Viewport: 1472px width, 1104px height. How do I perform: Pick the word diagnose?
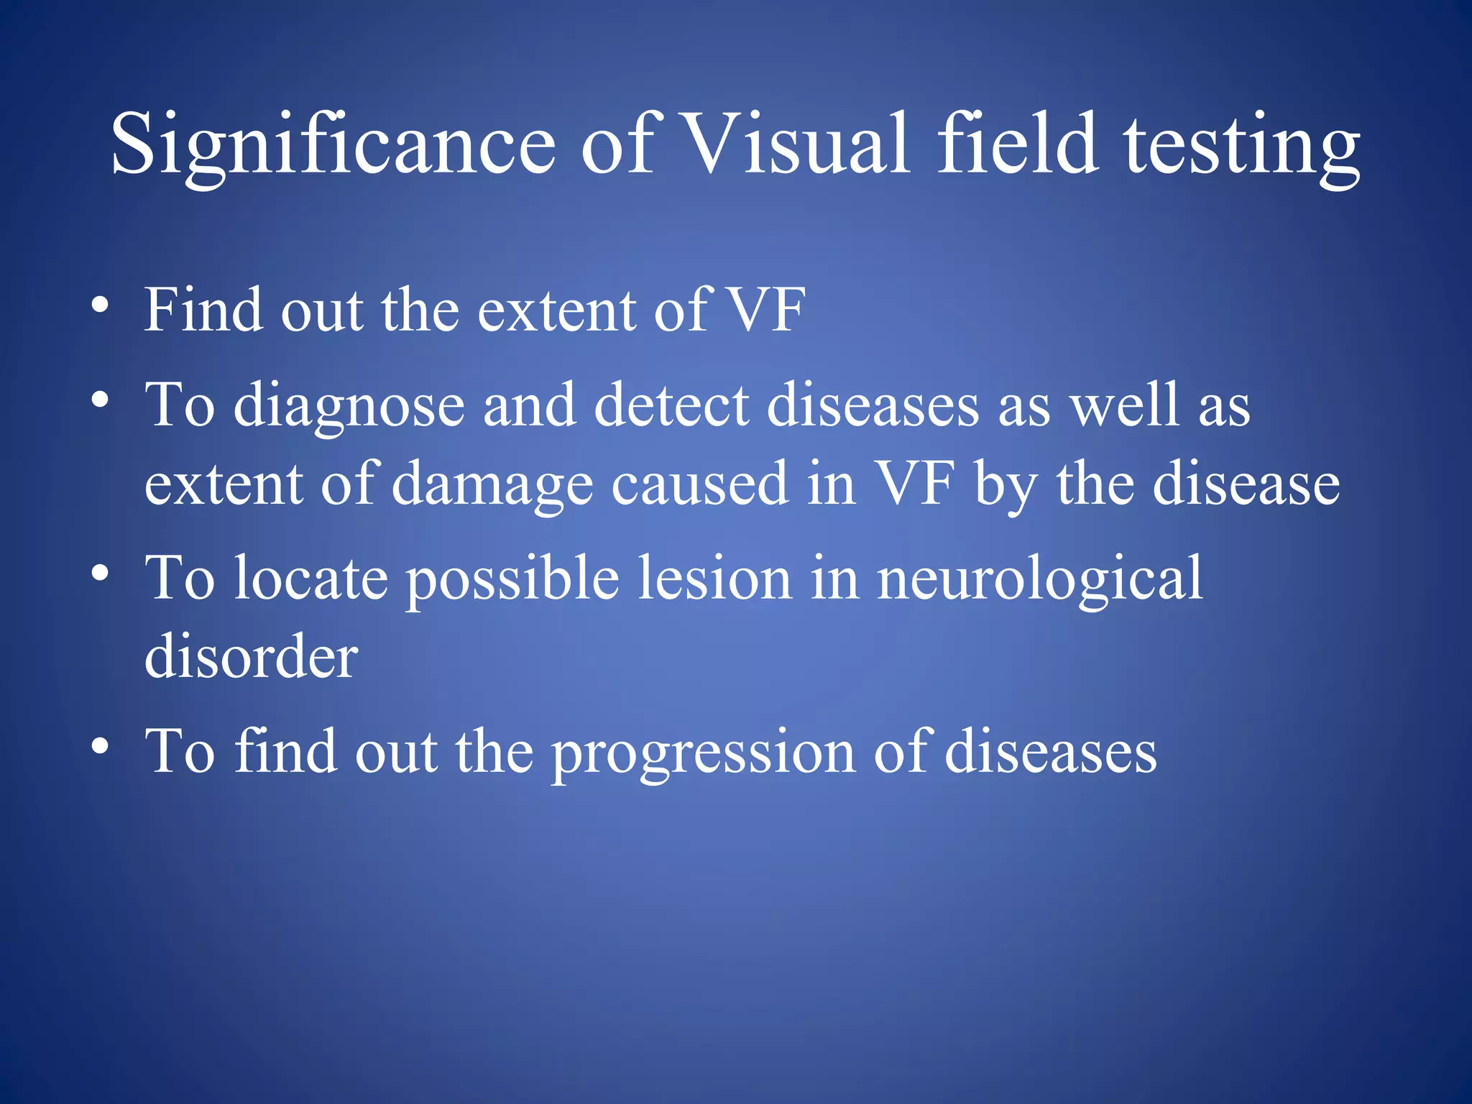[349, 407]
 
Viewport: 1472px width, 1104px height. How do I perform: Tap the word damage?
[492, 486]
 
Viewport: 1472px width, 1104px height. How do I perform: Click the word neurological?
[1039, 579]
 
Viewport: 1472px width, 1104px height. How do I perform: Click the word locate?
[311, 578]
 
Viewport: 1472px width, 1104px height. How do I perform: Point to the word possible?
[512, 579]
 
